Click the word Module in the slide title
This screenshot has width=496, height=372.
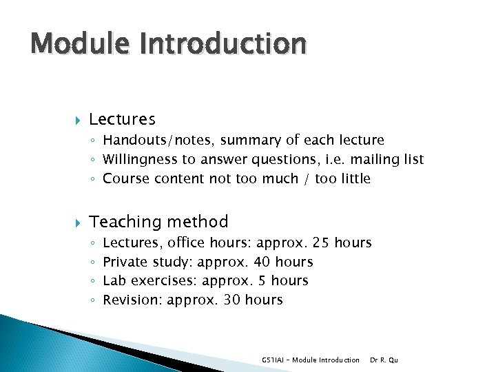73,43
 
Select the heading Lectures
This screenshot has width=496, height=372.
122,120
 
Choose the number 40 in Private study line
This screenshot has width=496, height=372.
261,262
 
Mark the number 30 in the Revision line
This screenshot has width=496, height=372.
232,300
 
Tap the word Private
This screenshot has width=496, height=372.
125,262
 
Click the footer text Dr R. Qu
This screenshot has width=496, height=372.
384,360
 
